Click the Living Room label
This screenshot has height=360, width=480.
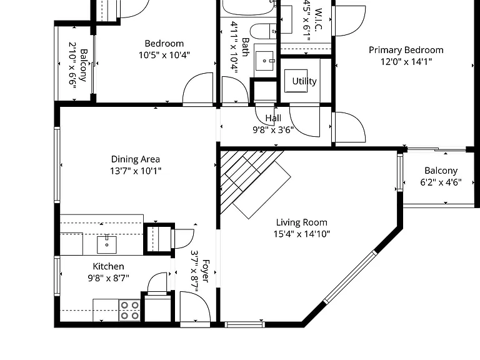pyautogui.click(x=301, y=222)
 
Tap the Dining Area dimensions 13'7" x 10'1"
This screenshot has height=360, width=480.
pyautogui.click(x=136, y=171)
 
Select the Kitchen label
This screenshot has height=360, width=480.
pyautogui.click(x=108, y=266)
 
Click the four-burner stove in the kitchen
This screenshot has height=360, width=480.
pyautogui.click(x=129, y=310)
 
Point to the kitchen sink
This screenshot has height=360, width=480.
pyautogui.click(x=107, y=244)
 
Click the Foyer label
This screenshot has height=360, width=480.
pyautogui.click(x=206, y=271)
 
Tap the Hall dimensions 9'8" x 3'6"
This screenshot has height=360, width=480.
pyautogui.click(x=273, y=130)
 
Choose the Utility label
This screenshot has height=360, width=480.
pyautogui.click(x=304, y=81)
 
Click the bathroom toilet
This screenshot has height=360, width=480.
pyautogui.click(x=263, y=31)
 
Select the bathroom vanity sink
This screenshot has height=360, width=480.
pyautogui.click(x=265, y=61)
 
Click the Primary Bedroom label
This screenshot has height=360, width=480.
pyautogui.click(x=406, y=50)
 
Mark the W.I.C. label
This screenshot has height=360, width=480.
pyautogui.click(x=318, y=19)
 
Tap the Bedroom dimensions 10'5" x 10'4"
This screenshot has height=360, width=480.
pyautogui.click(x=164, y=55)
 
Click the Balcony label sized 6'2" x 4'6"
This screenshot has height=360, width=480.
pyautogui.click(x=441, y=171)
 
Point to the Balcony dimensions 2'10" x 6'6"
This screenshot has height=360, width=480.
pyautogui.click(x=72, y=65)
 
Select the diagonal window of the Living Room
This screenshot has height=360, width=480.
pyautogui.click(x=350, y=277)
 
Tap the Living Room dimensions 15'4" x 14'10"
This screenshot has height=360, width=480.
pyautogui.click(x=301, y=234)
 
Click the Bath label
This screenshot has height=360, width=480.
pyautogui.click(x=245, y=47)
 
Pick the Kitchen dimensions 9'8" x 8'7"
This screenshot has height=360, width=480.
pyautogui.click(x=108, y=278)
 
